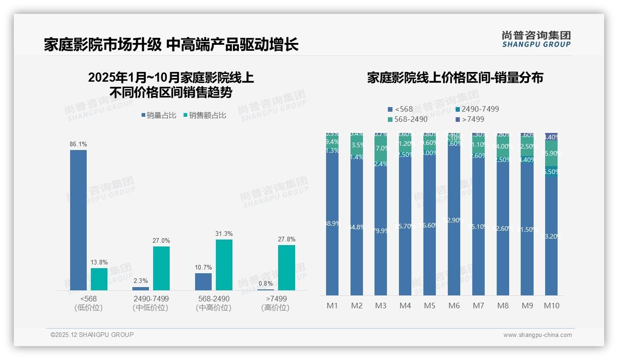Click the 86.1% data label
(78, 144)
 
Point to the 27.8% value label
(287, 239)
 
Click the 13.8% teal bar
(99, 279)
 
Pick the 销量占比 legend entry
(159, 115)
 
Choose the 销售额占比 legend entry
(205, 115)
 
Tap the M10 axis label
(551, 306)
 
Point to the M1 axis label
(332, 306)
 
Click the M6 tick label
(454, 306)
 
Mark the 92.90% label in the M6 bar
(454, 220)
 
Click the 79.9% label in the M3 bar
(381, 231)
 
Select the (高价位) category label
(275, 308)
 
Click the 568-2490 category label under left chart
(213, 299)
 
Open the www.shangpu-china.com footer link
(537, 335)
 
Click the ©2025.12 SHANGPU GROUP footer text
(92, 335)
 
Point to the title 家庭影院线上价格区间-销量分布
(455, 78)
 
